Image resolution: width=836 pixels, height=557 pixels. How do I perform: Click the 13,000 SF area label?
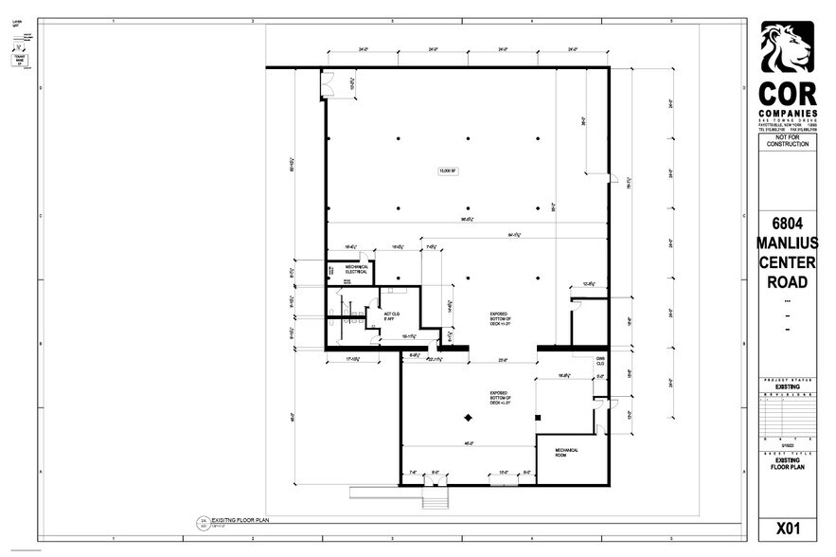click(x=444, y=171)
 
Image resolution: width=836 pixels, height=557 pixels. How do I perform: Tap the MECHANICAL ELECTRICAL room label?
click(x=349, y=271)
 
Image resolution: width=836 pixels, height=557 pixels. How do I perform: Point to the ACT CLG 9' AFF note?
click(x=386, y=316)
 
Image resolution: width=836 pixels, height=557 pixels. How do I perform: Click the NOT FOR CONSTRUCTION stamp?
click(x=787, y=140)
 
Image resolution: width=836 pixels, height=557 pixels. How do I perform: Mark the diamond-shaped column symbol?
click(x=467, y=418)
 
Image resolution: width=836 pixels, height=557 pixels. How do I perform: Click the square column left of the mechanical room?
click(x=537, y=416)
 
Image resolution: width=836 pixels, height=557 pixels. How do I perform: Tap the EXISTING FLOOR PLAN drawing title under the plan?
click(x=242, y=520)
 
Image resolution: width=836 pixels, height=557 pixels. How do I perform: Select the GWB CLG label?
click(x=600, y=361)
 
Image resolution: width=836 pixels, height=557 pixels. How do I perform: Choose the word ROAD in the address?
click(x=787, y=282)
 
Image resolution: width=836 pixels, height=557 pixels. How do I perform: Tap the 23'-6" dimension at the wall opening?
click(x=504, y=360)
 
